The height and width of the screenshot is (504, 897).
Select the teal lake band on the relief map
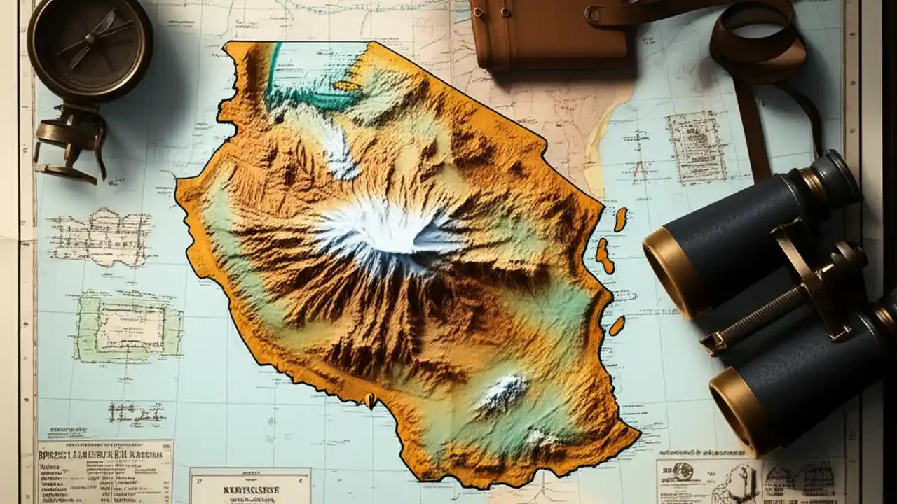pos(308,98)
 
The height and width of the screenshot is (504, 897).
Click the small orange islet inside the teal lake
pos(348,86)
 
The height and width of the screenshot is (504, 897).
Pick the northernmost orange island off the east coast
pos(620,218)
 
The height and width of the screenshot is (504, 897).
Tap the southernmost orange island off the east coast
pos(617,325)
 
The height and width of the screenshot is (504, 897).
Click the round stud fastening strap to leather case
pos(594,13)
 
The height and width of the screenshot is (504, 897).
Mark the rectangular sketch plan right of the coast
pos(696,147)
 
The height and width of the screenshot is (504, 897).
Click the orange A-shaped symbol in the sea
pos(639,168)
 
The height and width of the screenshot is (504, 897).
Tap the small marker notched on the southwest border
pos(369,400)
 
